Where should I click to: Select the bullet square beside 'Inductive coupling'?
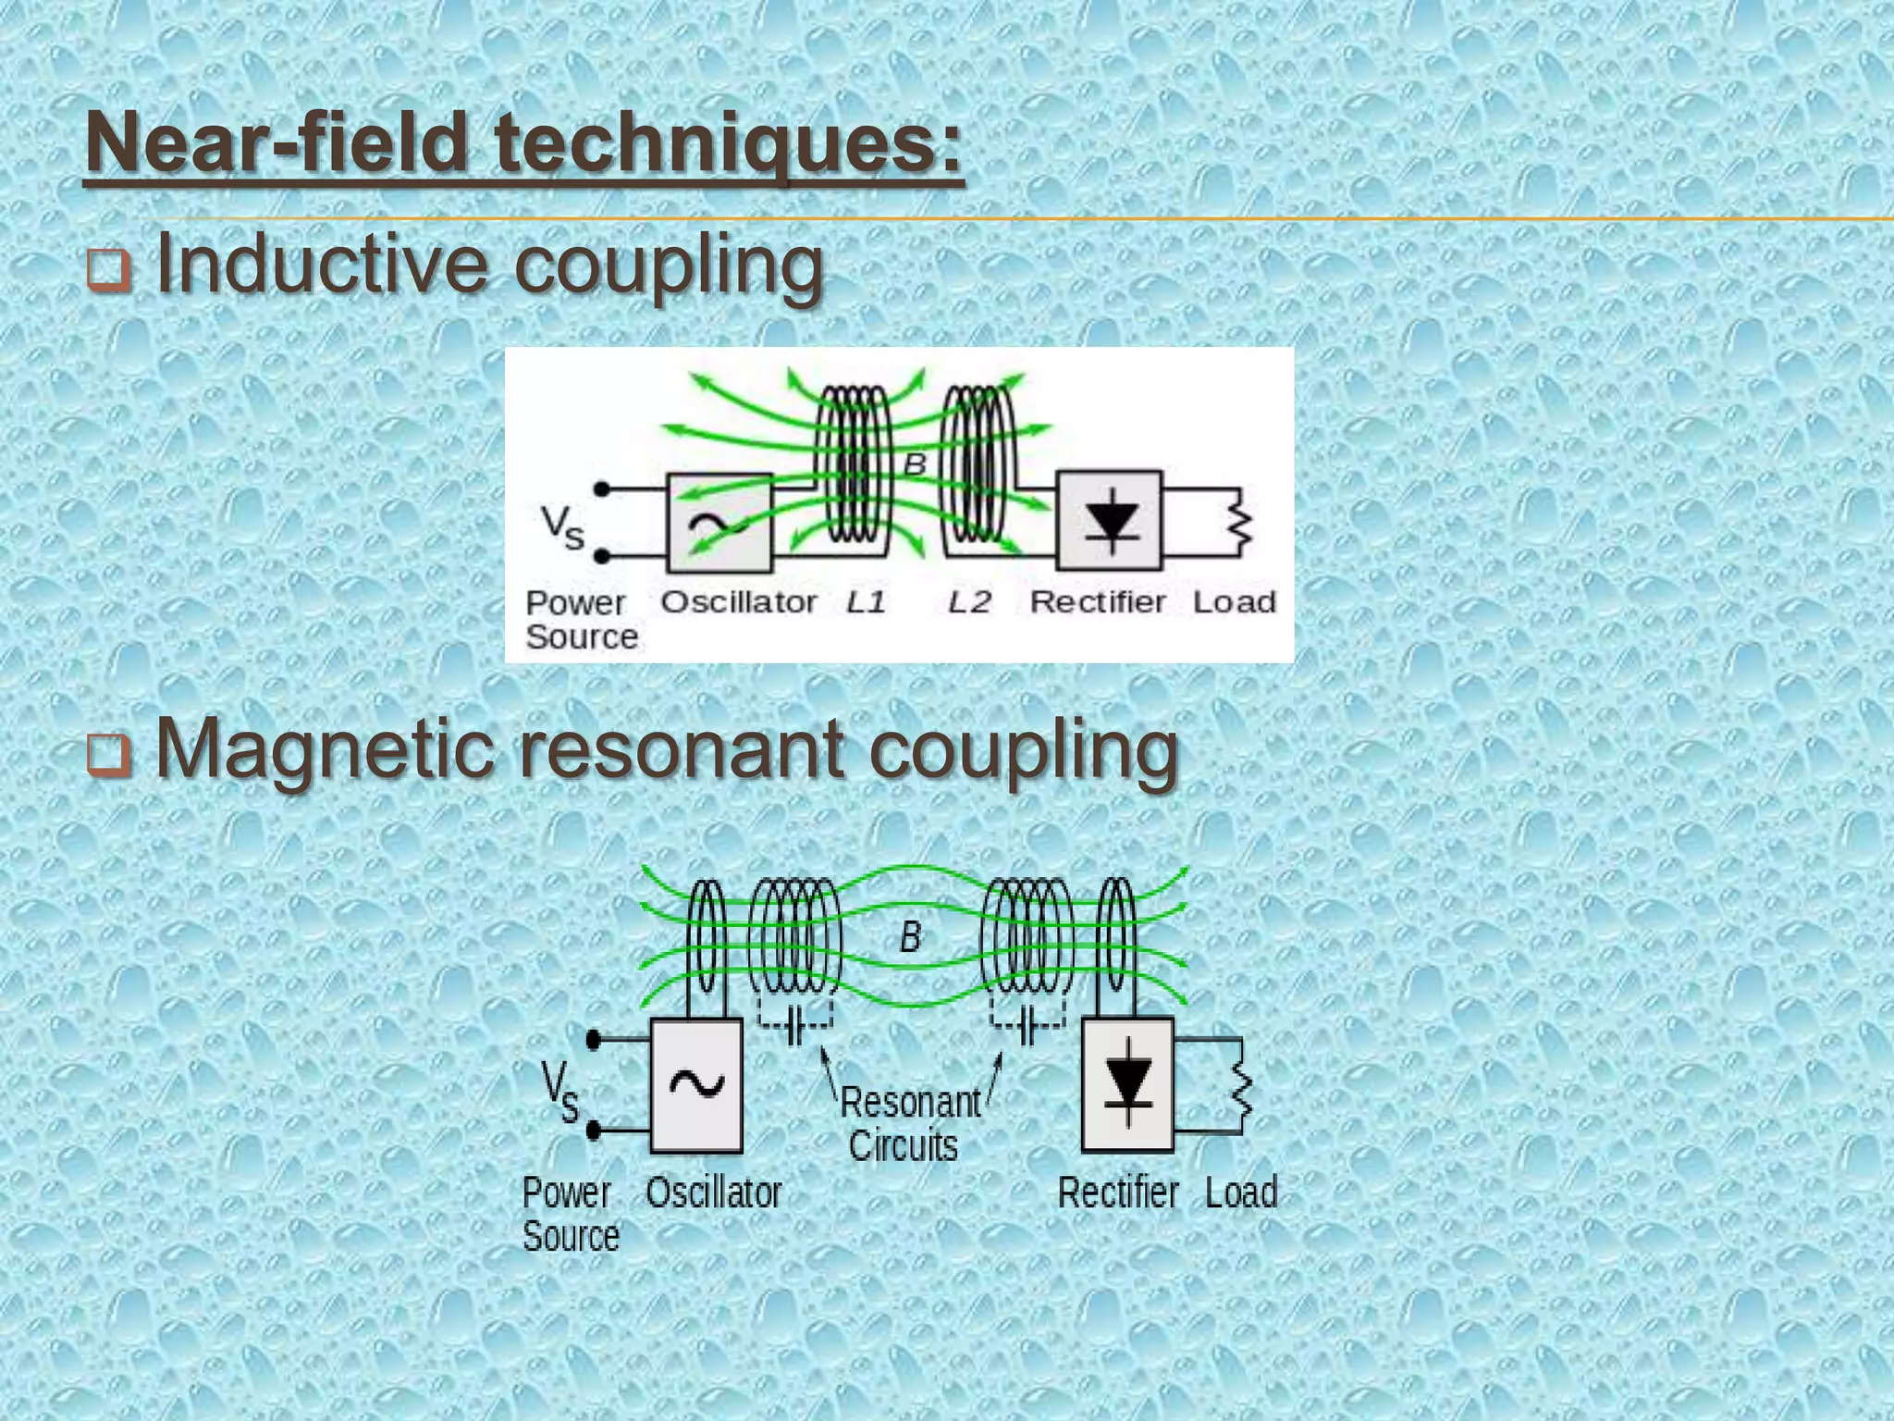coord(108,272)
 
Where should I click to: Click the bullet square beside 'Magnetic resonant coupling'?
coord(108,755)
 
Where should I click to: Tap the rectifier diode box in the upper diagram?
coord(1110,520)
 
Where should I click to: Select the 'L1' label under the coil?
coord(867,603)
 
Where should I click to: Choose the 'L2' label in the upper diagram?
coord(969,603)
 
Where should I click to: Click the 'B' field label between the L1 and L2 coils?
coord(915,464)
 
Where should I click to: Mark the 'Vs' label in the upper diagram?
coord(562,527)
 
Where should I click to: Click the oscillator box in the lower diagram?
coord(696,1085)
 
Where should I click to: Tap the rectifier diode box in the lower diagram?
coord(1128,1084)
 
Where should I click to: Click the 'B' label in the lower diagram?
coord(910,938)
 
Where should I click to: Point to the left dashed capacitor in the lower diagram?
coord(795,1025)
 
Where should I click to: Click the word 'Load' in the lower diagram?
coord(1241,1192)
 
